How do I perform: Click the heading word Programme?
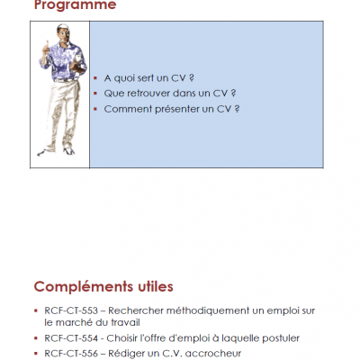click(x=75, y=5)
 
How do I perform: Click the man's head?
click(x=63, y=31)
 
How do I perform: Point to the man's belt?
click(x=65, y=80)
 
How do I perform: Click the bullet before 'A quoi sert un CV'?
click(x=95, y=78)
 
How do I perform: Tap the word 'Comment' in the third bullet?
click(x=128, y=109)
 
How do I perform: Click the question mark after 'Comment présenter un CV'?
click(x=237, y=109)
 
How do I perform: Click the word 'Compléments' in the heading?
click(x=84, y=287)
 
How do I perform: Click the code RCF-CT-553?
click(x=71, y=310)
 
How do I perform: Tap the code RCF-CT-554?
click(x=71, y=338)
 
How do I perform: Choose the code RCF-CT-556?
click(x=71, y=354)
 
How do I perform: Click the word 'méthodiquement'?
click(x=208, y=310)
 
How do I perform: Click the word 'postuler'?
click(x=281, y=338)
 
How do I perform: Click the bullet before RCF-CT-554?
click(x=36, y=338)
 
